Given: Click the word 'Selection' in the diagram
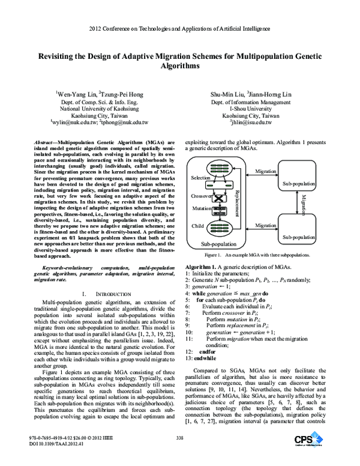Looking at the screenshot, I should [x=200, y=179].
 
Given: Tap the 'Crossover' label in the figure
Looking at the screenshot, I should [x=201, y=196].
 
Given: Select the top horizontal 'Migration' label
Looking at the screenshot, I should [x=266, y=172].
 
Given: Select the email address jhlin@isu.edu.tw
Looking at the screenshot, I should [x=247, y=122].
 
